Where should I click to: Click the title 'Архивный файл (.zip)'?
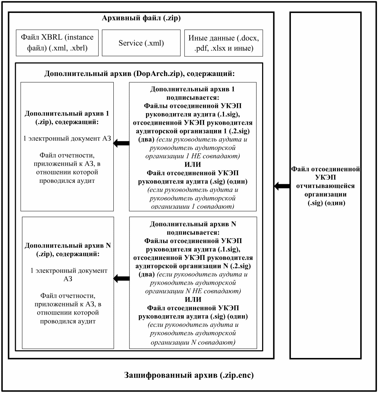[x=141, y=18]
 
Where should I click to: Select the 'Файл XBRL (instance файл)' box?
[x=57, y=43]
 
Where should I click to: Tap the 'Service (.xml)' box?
[x=141, y=43]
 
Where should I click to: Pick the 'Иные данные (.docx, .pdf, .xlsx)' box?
[x=223, y=43]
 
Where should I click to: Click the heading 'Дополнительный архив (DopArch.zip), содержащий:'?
[x=140, y=74]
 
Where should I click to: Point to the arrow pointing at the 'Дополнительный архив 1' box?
[x=121, y=143]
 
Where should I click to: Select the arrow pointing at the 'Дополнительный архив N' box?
[x=121, y=278]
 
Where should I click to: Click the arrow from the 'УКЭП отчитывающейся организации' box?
[x=282, y=186]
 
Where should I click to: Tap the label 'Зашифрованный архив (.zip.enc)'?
[x=189, y=375]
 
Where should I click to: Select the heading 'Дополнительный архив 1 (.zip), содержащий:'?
[x=67, y=118]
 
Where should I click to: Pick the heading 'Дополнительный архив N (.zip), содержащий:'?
[x=68, y=250]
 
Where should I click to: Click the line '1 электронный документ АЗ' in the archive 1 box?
[x=67, y=138]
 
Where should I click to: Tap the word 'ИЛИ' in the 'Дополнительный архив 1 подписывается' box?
[x=192, y=164]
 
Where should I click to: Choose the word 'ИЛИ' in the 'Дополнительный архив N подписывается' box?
[x=193, y=299]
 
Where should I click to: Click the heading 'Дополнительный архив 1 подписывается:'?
[x=192, y=93]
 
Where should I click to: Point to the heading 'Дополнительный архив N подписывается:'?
[x=193, y=228]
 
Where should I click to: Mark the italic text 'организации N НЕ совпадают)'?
[x=193, y=291]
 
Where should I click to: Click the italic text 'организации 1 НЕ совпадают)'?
[x=192, y=156]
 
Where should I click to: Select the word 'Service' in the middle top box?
[x=131, y=43]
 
